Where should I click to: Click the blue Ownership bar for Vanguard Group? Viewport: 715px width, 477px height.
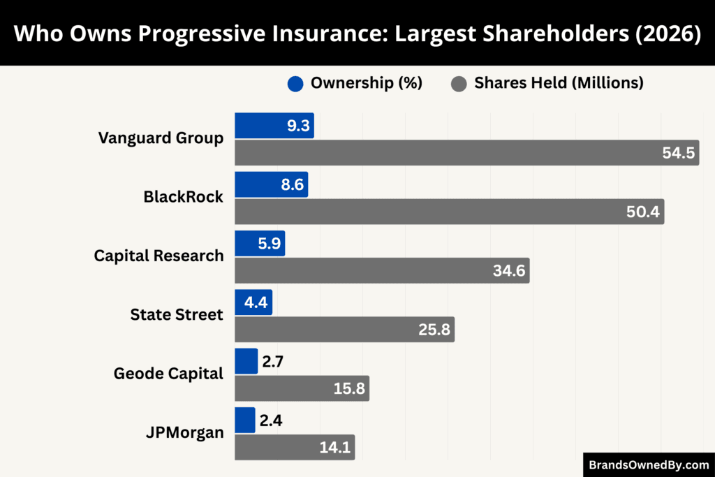point(274,126)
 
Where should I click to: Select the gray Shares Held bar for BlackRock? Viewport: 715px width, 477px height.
point(449,212)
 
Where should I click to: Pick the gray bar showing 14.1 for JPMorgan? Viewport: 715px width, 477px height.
point(294,447)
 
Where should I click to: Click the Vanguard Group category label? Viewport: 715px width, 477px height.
point(161,138)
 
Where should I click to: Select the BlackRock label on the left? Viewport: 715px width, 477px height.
point(183,197)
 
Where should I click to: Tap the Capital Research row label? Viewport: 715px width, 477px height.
point(159,256)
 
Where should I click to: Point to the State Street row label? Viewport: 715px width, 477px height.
point(177,314)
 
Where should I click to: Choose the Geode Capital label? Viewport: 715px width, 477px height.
point(168,374)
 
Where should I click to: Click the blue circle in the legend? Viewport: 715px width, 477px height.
point(295,83)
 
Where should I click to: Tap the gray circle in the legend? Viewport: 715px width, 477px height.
point(459,83)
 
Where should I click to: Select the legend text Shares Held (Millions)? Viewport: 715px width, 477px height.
point(559,83)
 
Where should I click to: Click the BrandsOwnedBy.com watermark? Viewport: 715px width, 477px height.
point(649,464)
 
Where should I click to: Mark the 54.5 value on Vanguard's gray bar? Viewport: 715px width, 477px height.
point(679,153)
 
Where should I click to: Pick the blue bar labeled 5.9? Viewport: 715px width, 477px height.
point(259,244)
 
